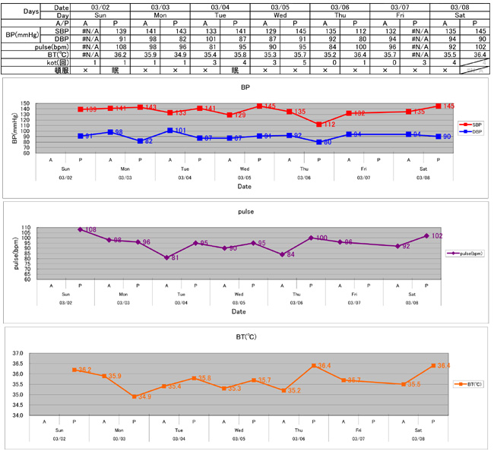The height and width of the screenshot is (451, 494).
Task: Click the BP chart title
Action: tap(245, 87)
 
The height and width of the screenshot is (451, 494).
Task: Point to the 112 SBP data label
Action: tap(328, 125)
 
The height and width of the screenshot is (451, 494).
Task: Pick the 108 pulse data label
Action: tap(90, 229)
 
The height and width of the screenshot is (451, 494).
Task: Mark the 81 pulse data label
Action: tap(174, 258)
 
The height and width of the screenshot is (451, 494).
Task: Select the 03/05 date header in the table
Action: tap(279, 6)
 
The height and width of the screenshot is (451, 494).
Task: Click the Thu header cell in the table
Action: tap(339, 14)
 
